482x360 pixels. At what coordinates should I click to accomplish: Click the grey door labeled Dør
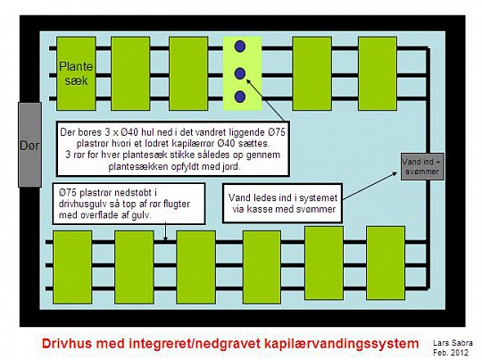[29, 145]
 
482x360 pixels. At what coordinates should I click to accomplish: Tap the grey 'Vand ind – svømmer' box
[422, 166]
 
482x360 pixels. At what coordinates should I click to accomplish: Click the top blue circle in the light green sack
[240, 46]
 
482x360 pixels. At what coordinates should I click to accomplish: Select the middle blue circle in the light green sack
[240, 73]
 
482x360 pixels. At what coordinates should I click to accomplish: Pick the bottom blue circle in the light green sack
[240, 96]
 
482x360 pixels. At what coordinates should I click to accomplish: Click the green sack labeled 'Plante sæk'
[76, 73]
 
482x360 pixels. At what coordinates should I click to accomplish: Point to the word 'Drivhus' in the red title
[62, 343]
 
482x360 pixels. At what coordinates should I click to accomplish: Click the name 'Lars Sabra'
[453, 343]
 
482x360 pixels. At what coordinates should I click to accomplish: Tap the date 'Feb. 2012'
[451, 352]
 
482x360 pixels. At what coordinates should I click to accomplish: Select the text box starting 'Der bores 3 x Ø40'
[173, 148]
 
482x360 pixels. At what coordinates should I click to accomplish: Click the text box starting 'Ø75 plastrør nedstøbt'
[129, 204]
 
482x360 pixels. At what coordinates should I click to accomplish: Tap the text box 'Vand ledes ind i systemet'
[282, 203]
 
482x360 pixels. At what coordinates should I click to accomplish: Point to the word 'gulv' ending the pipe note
[141, 215]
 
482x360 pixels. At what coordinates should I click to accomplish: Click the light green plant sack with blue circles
[243, 73]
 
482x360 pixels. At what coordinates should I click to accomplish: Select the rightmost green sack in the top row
[378, 73]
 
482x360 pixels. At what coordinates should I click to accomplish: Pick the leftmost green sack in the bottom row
[72, 267]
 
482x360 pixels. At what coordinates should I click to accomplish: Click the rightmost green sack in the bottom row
[386, 263]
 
